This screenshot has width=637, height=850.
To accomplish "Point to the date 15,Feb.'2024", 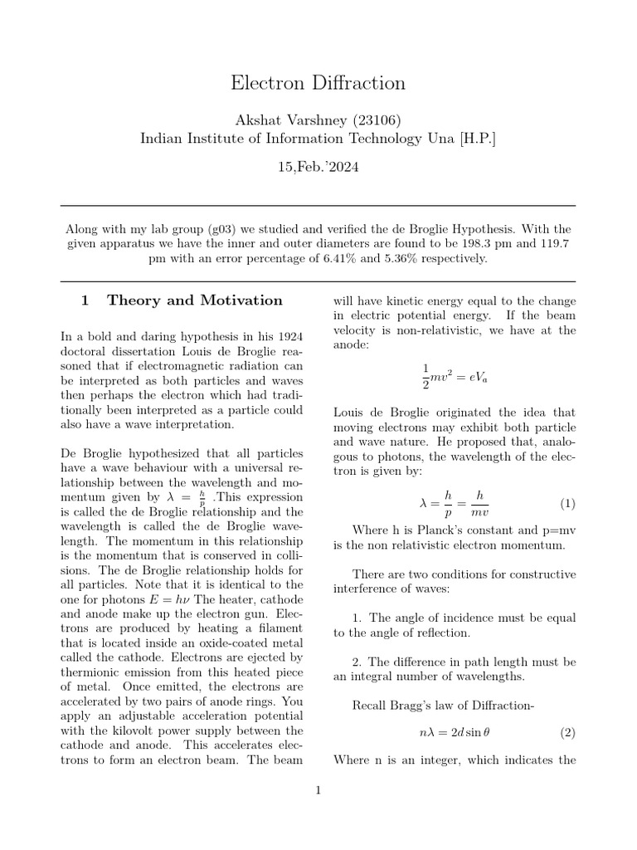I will pyautogui.click(x=318, y=167).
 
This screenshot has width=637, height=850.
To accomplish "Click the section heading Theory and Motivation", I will pyautogui.click(x=194, y=300).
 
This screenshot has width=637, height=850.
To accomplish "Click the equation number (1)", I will pyautogui.click(x=566, y=504).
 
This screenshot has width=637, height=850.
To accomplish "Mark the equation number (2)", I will pyautogui.click(x=566, y=733).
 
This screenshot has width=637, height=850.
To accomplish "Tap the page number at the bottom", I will pyautogui.click(x=318, y=789).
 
